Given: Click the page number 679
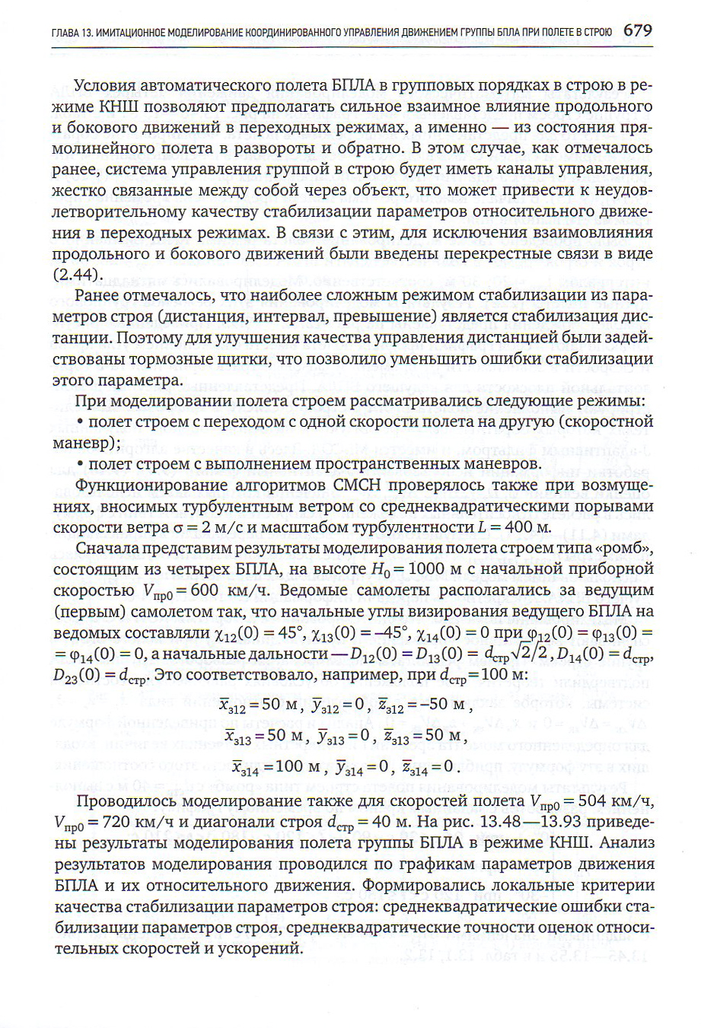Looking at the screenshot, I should click(x=637, y=31).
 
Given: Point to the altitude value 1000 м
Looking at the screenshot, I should click(x=436, y=568).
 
